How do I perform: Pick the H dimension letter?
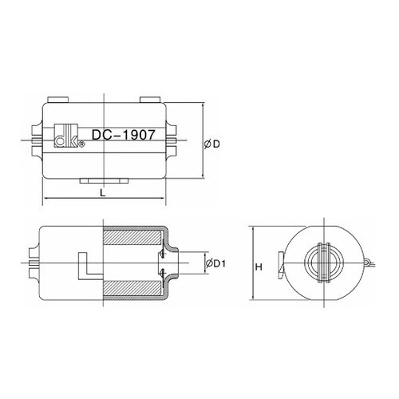tap(259, 267)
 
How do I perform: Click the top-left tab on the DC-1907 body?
tap(59, 99)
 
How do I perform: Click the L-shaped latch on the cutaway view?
tap(83, 266)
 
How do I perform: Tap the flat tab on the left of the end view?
tap(280, 263)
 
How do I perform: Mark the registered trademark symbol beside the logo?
tap(81, 145)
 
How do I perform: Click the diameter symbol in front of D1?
tap(207, 263)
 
